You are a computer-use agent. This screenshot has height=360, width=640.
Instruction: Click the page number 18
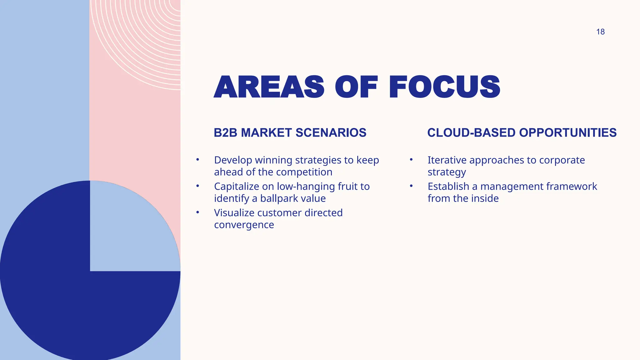point(600,32)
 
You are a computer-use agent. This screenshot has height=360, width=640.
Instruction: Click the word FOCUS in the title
point(444,87)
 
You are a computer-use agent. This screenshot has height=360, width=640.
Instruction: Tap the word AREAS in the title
point(269,87)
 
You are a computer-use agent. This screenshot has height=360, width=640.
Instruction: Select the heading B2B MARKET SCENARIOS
point(290,133)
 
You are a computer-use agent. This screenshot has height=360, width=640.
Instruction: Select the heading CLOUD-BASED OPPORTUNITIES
point(522,133)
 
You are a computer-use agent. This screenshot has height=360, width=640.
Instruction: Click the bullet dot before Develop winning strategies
point(197,160)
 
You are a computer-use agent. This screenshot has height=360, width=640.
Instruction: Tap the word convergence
point(244,225)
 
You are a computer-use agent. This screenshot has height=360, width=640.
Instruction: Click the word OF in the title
point(356,87)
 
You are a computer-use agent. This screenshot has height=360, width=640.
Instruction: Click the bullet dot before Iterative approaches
point(411,160)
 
